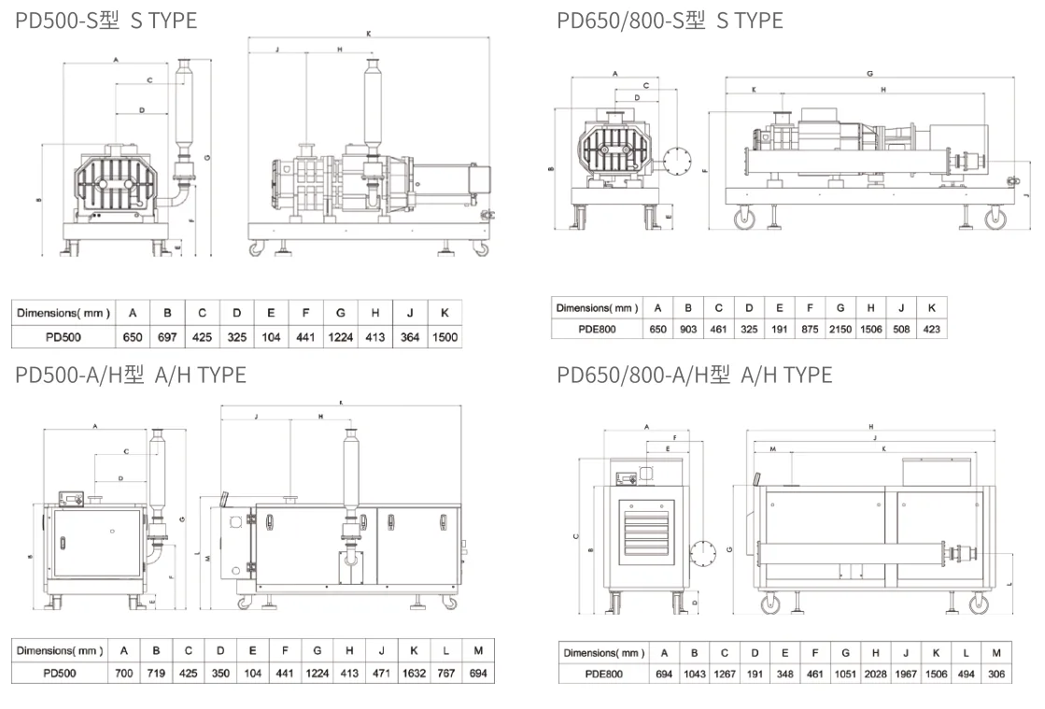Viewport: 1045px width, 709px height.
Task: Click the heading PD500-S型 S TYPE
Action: pyautogui.click(x=106, y=20)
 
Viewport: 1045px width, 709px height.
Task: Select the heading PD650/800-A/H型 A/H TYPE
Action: pyautogui.click(x=694, y=375)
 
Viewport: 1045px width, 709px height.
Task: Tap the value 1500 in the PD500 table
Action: pyautogui.click(x=445, y=337)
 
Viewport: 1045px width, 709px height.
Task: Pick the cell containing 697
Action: pyautogui.click(x=166, y=337)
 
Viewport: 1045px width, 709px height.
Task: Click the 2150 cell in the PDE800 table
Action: pyautogui.click(x=840, y=329)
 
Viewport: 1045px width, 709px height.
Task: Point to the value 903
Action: pyautogui.click(x=688, y=329)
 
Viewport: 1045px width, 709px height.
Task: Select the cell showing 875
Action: pyautogui.click(x=810, y=329)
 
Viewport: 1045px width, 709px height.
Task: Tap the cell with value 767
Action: pyautogui.click(x=446, y=673)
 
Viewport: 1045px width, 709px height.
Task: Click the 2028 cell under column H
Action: pyautogui.click(x=876, y=674)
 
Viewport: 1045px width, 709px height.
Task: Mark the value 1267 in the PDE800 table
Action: pyautogui.click(x=725, y=674)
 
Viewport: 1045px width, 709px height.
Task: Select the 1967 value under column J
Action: pyautogui.click(x=907, y=674)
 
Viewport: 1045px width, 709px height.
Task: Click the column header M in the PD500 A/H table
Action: pyautogui.click(x=478, y=650)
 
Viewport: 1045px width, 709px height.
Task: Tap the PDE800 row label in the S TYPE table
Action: pyautogui.click(x=597, y=329)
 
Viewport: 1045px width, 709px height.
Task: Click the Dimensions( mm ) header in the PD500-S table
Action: pyautogui.click(x=63, y=313)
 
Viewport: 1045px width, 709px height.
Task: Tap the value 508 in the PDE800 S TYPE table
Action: pyautogui.click(x=901, y=329)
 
